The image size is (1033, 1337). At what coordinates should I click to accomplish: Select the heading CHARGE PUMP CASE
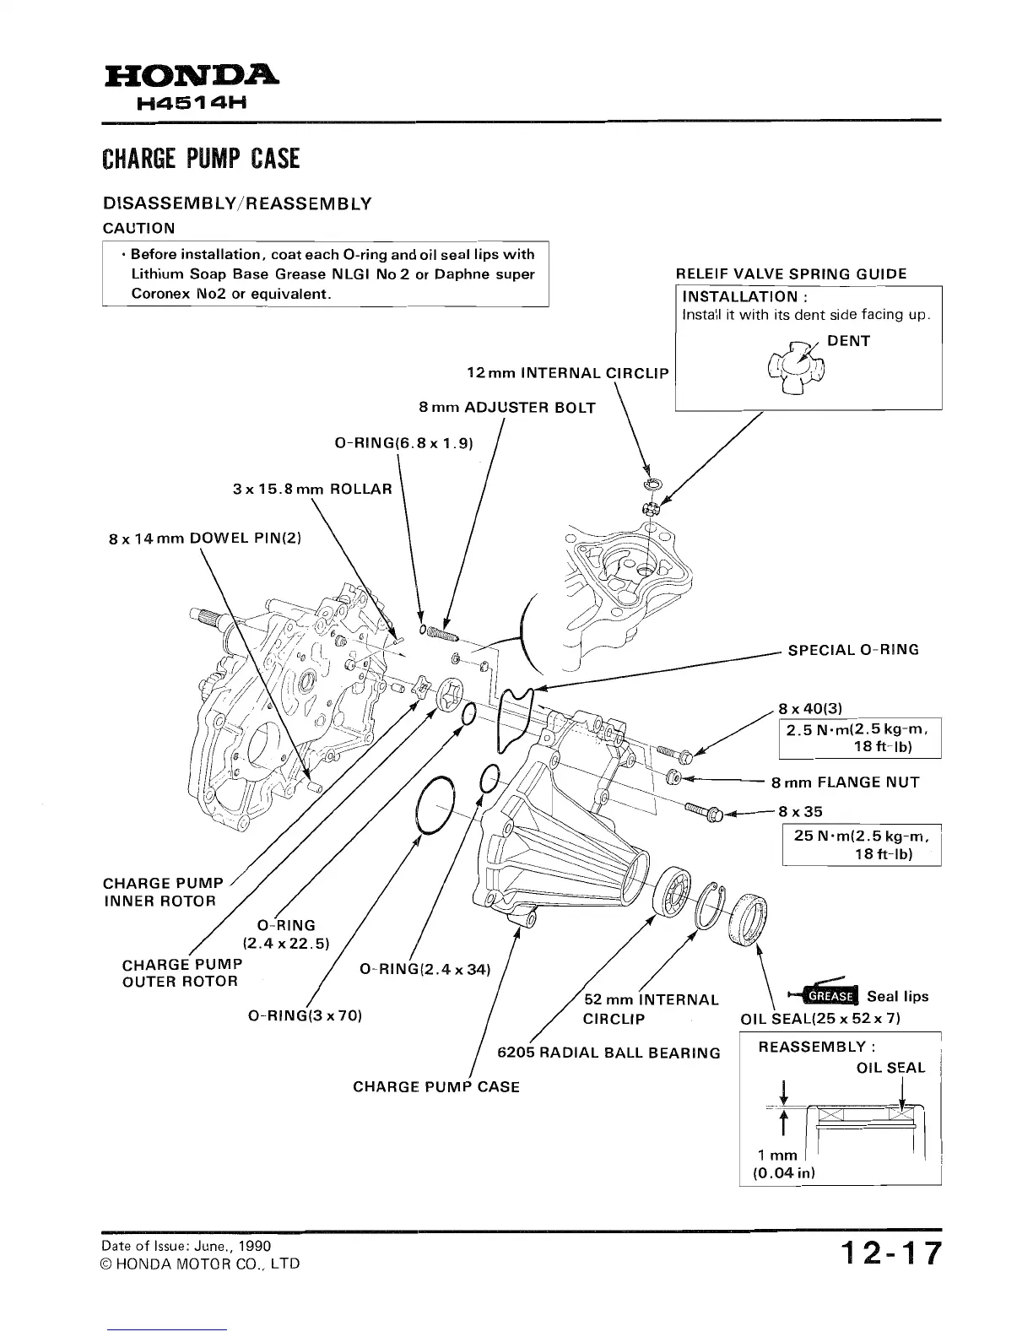tap(201, 159)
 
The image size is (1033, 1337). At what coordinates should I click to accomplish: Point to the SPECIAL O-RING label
tap(853, 650)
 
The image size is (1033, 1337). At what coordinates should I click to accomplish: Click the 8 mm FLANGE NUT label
tap(845, 782)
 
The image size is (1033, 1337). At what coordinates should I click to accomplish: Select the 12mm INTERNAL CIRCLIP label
tap(567, 373)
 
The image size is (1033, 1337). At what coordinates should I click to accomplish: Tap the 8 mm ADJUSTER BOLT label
tap(506, 408)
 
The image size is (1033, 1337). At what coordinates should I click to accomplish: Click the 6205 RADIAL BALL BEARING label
tap(608, 1053)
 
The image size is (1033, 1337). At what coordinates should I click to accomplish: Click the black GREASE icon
tap(829, 996)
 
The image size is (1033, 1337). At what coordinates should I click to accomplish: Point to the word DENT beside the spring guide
tap(848, 341)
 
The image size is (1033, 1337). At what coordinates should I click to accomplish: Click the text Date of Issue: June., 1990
tap(185, 1245)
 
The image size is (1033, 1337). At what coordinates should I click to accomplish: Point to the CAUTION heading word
tap(138, 228)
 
